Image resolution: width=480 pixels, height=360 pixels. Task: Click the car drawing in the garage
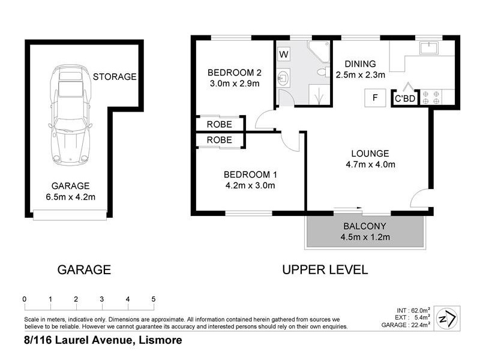coord(71,114)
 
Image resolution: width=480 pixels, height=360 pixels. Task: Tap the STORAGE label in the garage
coord(115,77)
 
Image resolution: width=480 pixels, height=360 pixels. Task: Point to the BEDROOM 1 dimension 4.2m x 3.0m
coord(249,185)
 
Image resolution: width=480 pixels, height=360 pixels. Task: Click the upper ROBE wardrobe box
coord(220,124)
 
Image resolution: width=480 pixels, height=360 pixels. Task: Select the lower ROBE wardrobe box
coord(220,140)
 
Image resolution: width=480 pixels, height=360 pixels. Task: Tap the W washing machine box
coord(284,55)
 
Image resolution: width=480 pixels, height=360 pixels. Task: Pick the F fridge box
coord(375,98)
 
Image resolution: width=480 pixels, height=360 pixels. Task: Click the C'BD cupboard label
coord(404,98)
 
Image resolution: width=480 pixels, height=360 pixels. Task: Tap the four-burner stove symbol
coord(429,97)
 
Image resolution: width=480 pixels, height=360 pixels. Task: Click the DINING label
coord(360,64)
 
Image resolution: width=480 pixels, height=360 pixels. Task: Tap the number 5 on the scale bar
coord(154,299)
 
